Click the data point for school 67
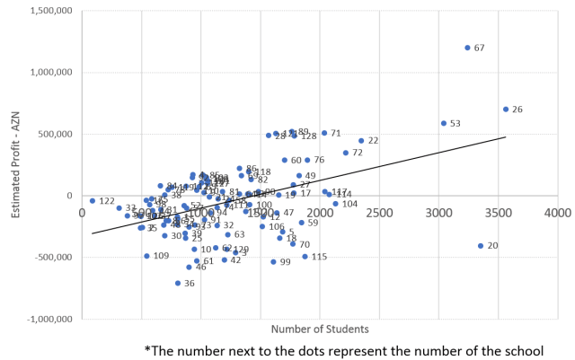click(x=467, y=48)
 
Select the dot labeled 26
click(x=506, y=110)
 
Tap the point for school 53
click(x=444, y=124)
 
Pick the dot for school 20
click(x=481, y=245)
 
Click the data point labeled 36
click(x=178, y=283)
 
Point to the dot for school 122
click(x=93, y=201)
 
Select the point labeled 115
click(x=305, y=257)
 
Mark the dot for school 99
click(x=273, y=262)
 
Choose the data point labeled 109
click(x=146, y=256)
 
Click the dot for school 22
click(x=361, y=141)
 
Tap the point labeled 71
click(x=324, y=133)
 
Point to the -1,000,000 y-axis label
click(x=49, y=319)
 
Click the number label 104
click(x=349, y=204)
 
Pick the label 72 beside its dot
click(x=357, y=153)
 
